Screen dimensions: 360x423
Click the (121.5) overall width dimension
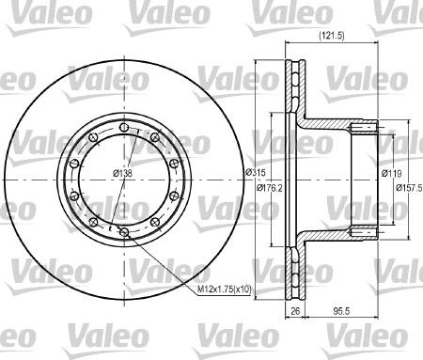pos(330,36)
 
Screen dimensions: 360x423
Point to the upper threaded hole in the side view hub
pos(366,125)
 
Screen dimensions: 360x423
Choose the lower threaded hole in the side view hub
pos(366,229)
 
